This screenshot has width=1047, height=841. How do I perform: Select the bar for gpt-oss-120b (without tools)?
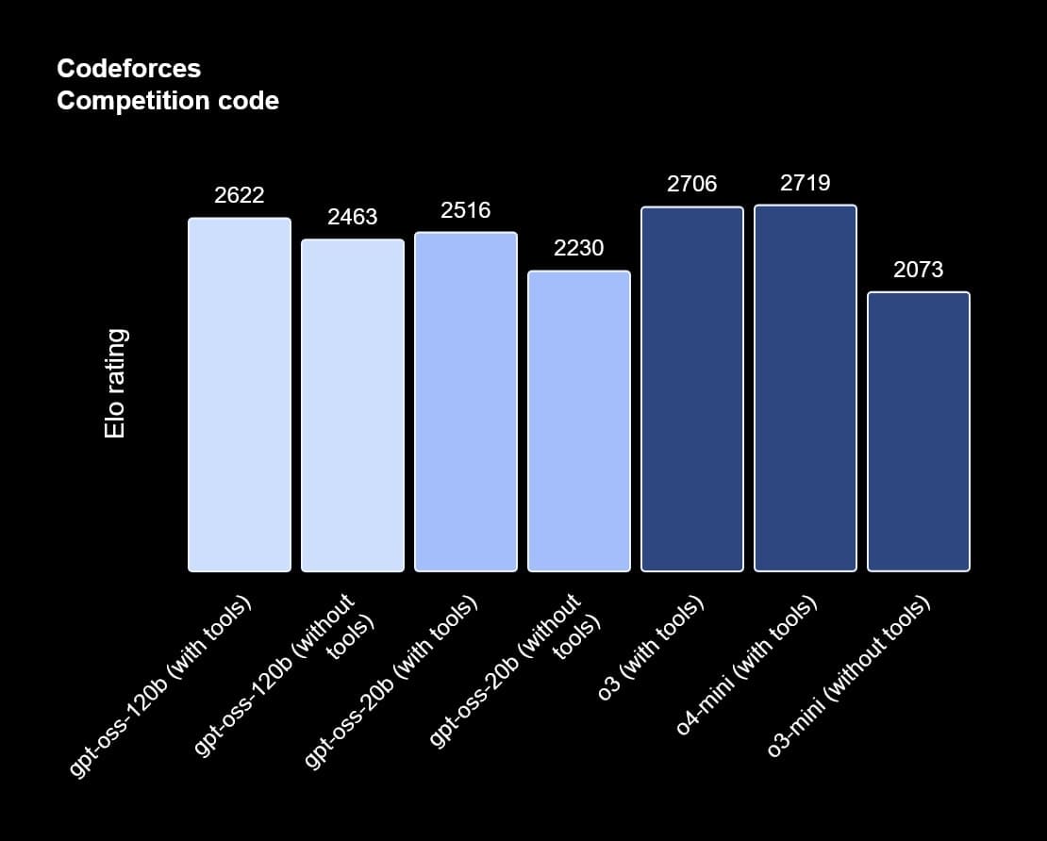pyautogui.click(x=353, y=405)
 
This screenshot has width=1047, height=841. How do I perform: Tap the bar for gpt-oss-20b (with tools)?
pyautogui.click(x=466, y=402)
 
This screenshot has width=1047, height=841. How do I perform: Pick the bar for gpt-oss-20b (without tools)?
pyautogui.click(x=579, y=420)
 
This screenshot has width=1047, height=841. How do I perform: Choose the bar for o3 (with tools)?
pyautogui.click(x=692, y=388)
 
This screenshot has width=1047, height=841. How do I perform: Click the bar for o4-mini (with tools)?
pyautogui.click(x=806, y=388)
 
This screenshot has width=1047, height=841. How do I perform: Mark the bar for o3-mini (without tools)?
pyautogui.click(x=919, y=431)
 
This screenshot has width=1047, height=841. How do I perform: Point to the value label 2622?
pyautogui.click(x=240, y=195)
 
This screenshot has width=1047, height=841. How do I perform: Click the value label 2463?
pyautogui.click(x=353, y=217)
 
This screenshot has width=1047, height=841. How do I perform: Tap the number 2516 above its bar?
pyautogui.click(x=466, y=209)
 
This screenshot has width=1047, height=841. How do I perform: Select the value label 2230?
pyautogui.click(x=579, y=248)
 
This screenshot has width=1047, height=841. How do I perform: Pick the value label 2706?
pyautogui.click(x=692, y=184)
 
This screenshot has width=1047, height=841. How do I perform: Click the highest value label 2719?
pyautogui.click(x=806, y=183)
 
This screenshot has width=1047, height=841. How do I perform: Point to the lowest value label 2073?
pyautogui.click(x=919, y=270)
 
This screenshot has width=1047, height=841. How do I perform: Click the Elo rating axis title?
pyautogui.click(x=115, y=383)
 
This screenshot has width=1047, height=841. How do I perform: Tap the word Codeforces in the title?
pyautogui.click(x=128, y=69)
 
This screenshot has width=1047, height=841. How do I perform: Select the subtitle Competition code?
pyautogui.click(x=168, y=101)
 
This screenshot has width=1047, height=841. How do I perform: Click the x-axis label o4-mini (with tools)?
pyautogui.click(x=747, y=666)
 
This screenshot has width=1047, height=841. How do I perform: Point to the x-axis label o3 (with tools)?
pyautogui.click(x=652, y=649)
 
